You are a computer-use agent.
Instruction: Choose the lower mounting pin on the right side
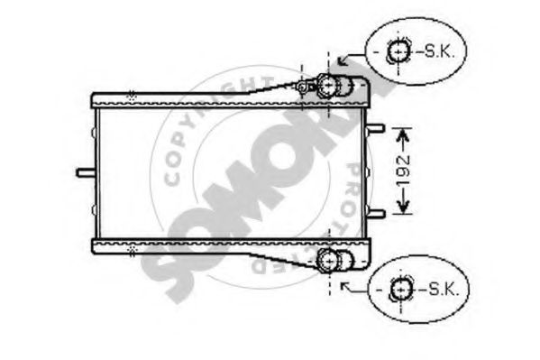[378, 213]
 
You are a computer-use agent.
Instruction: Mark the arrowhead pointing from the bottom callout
[343, 289]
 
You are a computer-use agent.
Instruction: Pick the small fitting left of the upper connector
[303, 87]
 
